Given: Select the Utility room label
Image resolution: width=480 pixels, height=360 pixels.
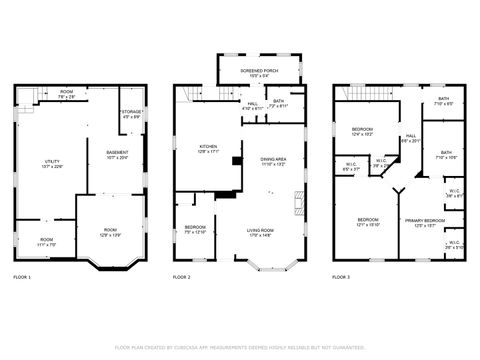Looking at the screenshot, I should tap(51, 164).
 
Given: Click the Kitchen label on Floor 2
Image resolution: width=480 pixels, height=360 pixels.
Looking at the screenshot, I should tap(208, 149).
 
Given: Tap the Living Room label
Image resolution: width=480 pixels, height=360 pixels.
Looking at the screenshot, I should tap(261, 234).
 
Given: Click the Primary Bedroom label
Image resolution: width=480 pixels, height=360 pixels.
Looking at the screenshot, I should tap(424, 222).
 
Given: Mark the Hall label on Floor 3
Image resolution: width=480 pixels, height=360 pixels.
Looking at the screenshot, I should tap(411, 138).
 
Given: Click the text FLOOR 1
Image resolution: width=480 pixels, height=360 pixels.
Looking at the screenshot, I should tap(22, 276).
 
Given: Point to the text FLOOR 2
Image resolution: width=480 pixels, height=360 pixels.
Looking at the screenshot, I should tap(181, 276).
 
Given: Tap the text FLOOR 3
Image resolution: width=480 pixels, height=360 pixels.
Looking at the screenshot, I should tap(342, 276).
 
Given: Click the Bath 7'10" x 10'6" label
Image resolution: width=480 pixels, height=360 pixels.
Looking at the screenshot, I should tap(446, 155).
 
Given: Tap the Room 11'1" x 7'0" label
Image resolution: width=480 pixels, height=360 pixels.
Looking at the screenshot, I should tap(46, 241).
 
